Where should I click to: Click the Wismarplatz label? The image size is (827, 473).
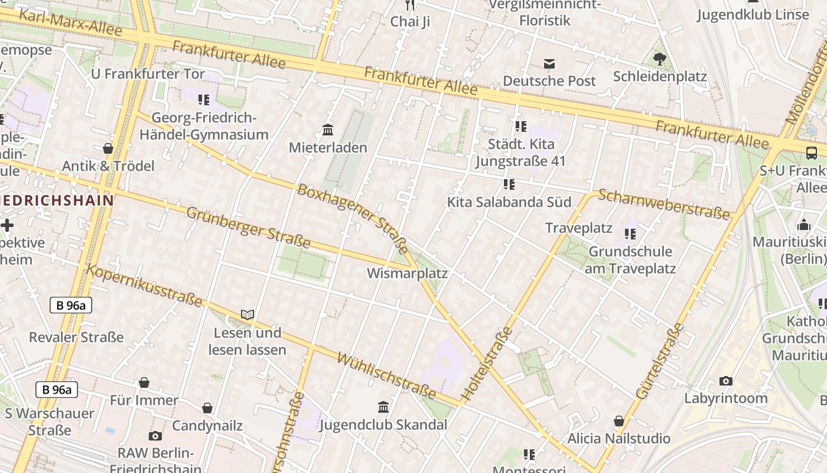point(407,274)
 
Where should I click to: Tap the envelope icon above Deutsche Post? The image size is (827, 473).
point(549,63)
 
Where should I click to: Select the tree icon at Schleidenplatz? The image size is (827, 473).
point(660,59)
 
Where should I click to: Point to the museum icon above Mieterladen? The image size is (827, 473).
point(328,129)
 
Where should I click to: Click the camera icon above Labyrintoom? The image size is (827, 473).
point(726,381)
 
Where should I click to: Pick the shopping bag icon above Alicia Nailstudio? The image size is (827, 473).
point(618,421)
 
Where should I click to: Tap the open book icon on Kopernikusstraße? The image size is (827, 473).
point(248,315)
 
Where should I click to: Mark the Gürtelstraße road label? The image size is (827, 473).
point(660,361)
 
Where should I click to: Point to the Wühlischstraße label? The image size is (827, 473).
point(387,375)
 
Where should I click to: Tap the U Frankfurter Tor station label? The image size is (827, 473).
point(148,74)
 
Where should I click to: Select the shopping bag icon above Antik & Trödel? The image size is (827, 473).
point(108,148)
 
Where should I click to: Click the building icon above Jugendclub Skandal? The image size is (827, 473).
point(383,407)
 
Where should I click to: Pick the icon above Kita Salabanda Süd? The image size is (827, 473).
point(509,184)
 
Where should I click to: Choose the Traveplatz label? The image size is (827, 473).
point(578,228)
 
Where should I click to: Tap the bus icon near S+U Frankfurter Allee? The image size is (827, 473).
point(812,153)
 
